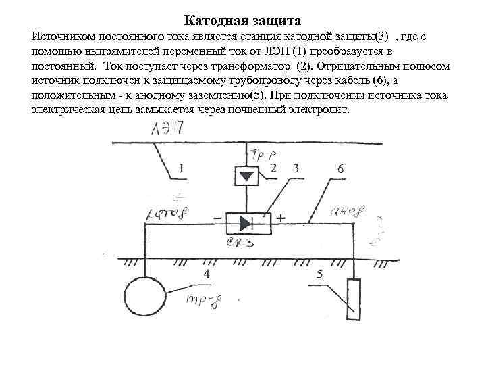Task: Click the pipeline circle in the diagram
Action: pos(144,296)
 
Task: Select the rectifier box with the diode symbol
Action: pos(247,222)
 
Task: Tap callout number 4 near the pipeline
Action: pos(205,273)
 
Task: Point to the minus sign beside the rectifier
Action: pos(216,219)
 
